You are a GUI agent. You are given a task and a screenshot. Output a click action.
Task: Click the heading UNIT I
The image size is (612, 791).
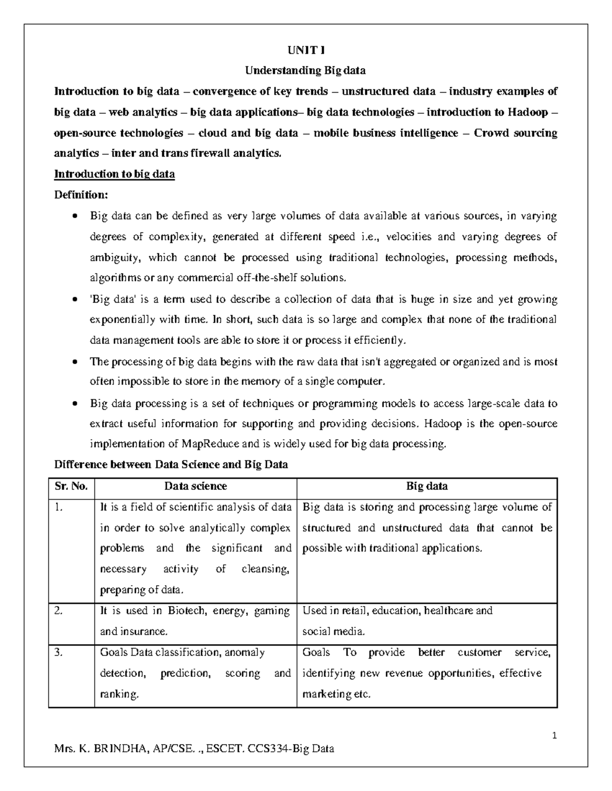pos(305,50)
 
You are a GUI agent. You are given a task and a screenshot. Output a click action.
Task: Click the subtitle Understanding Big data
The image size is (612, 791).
pos(305,70)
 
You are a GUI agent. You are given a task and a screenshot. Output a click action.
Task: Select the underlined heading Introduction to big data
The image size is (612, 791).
pos(114,174)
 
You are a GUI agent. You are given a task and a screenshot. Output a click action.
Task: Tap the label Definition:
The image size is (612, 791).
pos(81,195)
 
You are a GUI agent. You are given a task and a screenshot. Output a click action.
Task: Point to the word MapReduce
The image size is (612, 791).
pos(210,444)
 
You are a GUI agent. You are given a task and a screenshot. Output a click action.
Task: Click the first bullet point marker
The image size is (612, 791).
pos(75,216)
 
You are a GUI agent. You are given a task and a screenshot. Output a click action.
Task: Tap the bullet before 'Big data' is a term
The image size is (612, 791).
pos(75,300)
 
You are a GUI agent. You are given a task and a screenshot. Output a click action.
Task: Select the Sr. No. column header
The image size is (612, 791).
pos(71,486)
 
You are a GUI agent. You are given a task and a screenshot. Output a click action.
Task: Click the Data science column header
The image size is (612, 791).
pos(195,486)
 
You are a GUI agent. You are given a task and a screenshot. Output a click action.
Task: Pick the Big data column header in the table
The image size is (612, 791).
pos(427,486)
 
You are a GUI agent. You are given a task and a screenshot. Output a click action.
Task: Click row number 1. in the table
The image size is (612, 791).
pos(58,507)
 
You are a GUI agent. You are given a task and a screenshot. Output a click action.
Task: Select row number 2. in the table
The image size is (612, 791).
pos(58,611)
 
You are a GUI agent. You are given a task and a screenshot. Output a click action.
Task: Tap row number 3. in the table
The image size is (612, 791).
pos(58,652)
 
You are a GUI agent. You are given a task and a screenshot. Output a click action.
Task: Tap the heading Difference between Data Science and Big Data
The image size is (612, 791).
pos(171,465)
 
